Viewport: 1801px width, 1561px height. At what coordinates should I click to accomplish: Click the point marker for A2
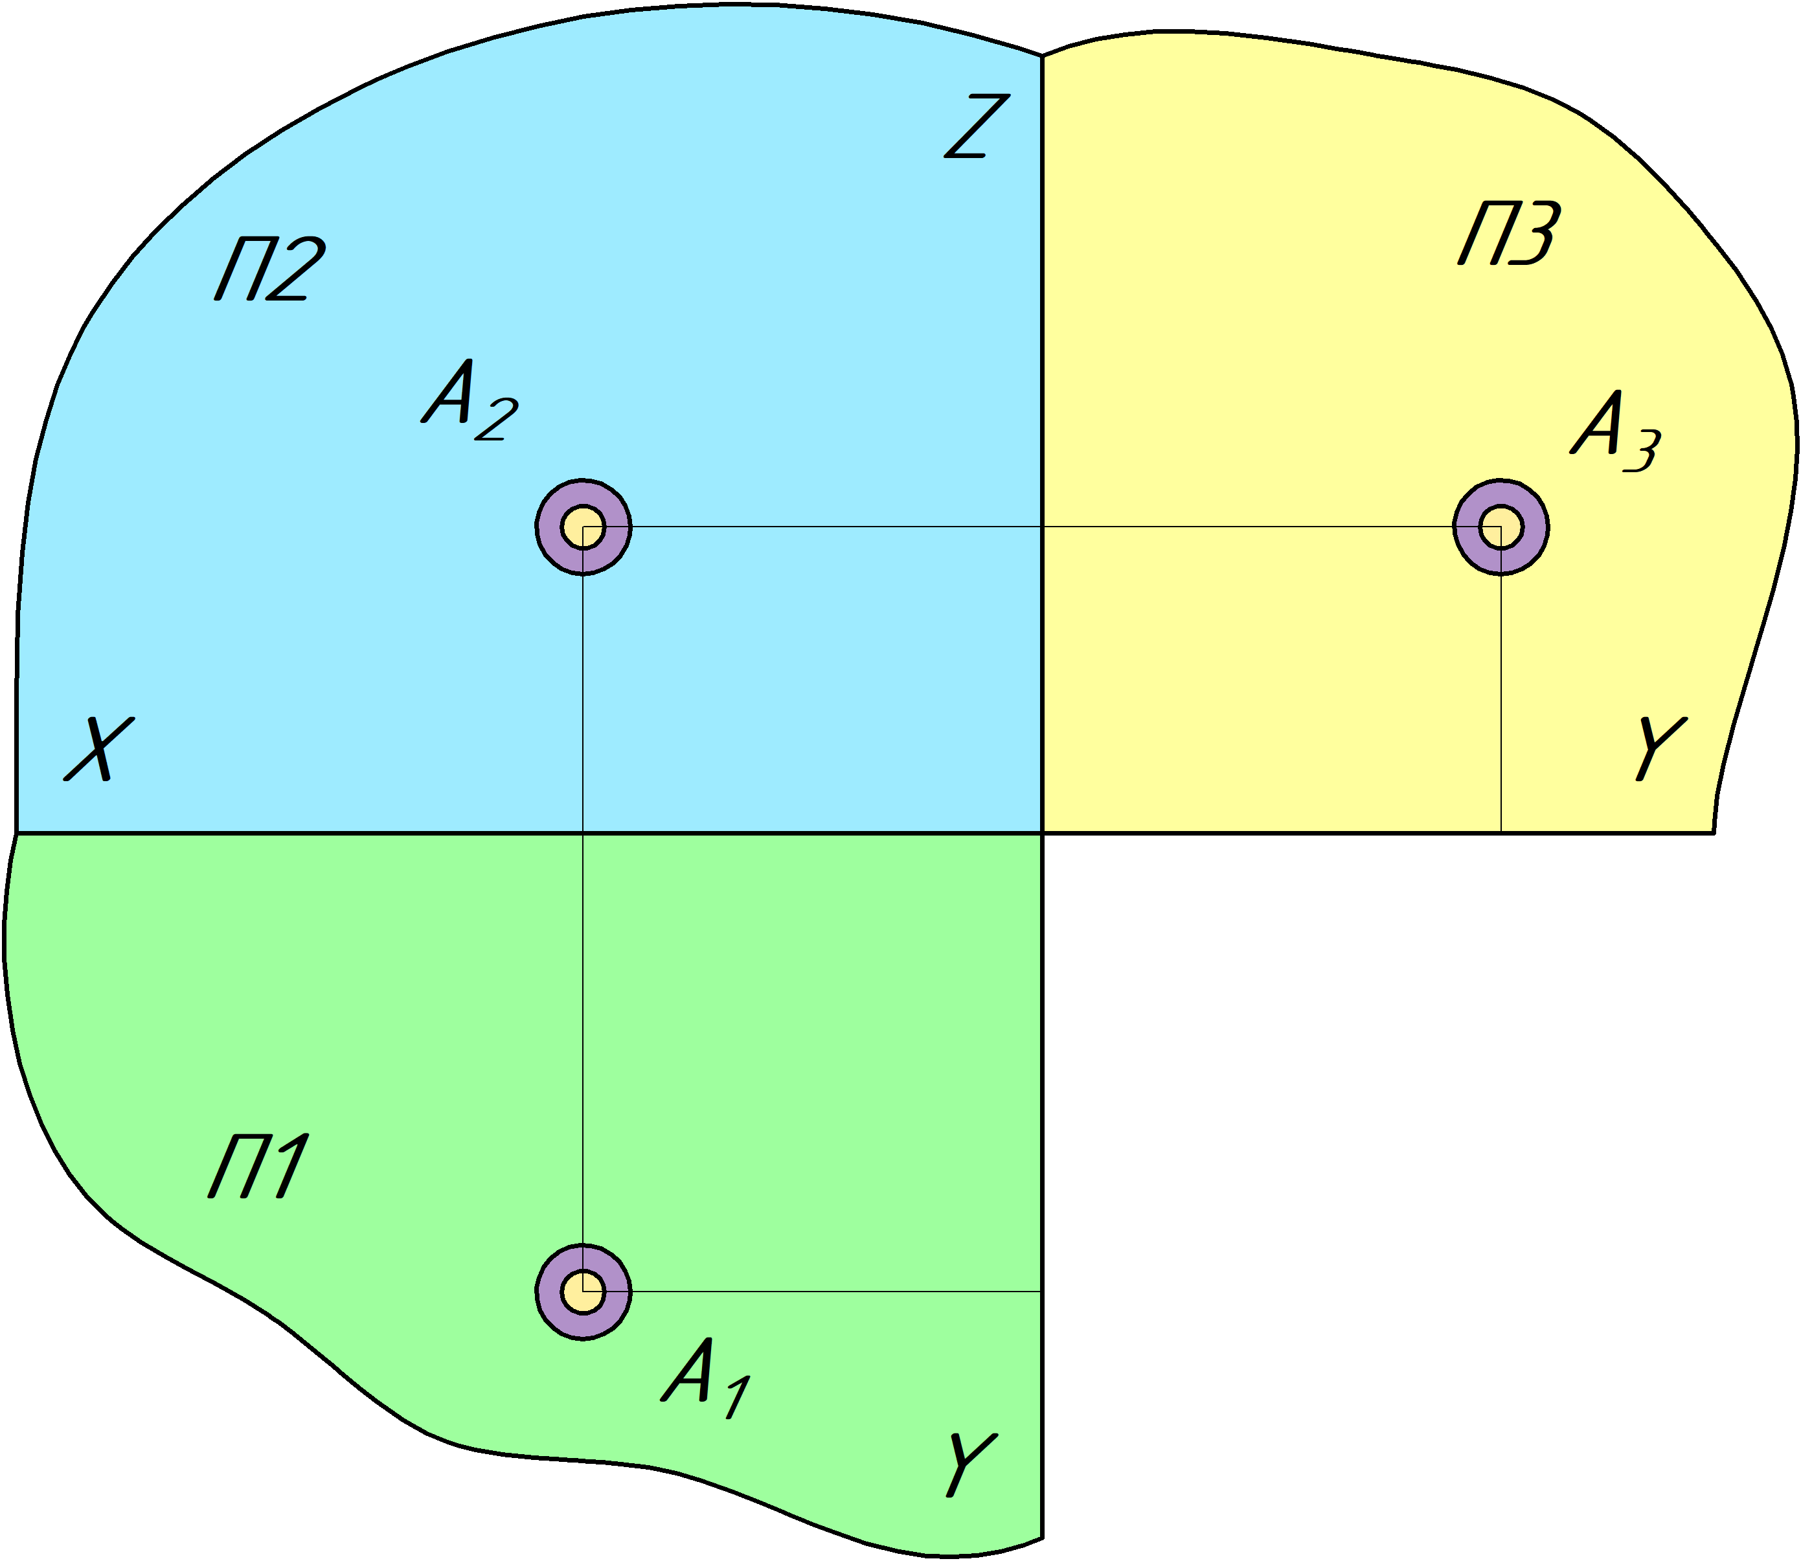click(583, 527)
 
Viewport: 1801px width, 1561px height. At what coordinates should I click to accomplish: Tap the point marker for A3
click(1501, 527)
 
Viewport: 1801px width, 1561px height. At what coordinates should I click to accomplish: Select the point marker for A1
click(583, 1291)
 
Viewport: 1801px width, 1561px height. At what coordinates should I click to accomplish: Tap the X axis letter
click(99, 749)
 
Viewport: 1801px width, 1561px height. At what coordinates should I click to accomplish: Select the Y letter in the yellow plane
click(1660, 748)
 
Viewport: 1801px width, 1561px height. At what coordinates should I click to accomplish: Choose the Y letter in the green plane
click(970, 1464)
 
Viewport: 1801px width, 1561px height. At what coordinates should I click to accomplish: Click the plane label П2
click(270, 268)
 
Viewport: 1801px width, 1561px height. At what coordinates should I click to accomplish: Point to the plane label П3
click(1509, 233)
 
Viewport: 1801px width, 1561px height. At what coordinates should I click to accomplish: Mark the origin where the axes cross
click(1043, 833)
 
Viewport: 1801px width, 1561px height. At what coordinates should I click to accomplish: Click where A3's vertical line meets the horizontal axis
click(1501, 833)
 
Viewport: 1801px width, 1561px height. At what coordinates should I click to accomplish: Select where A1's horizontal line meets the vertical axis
click(1043, 1291)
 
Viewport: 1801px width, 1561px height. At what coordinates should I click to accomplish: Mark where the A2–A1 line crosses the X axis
click(583, 833)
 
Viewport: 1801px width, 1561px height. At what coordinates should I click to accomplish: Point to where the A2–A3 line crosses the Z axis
click(1043, 527)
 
